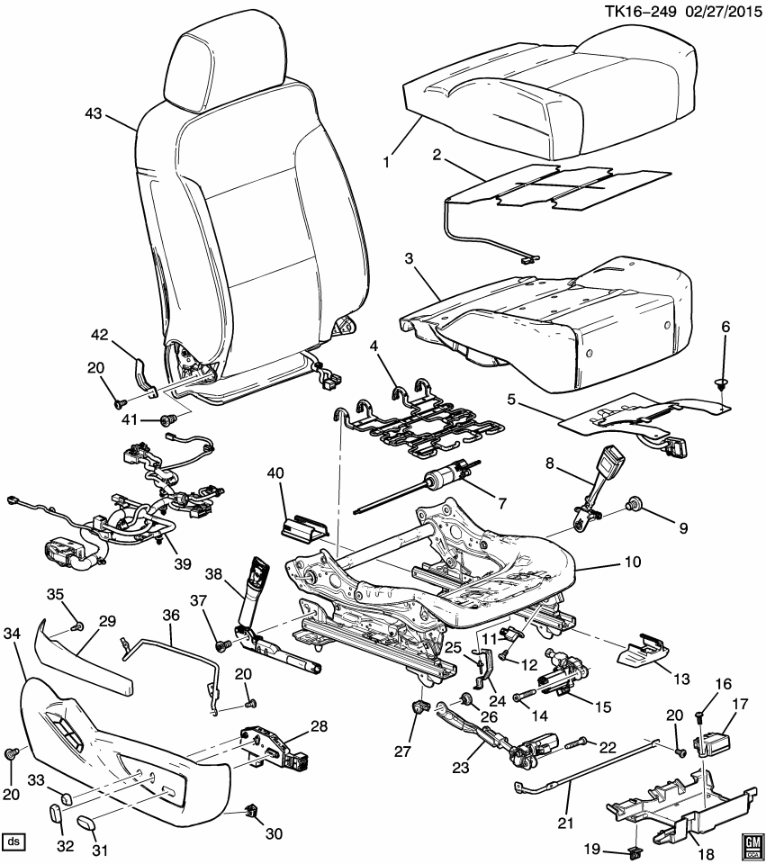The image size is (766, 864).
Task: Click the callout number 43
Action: click(94, 114)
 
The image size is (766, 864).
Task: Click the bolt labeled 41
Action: click(167, 419)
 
